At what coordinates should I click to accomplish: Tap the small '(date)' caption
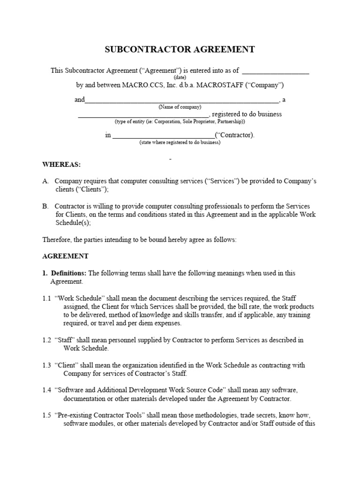(x=180, y=77)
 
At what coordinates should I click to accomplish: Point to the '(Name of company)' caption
(x=180, y=107)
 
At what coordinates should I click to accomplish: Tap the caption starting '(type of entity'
(x=180, y=121)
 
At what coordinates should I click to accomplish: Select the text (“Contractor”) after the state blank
(x=234, y=135)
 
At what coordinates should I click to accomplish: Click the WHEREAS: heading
(x=61, y=165)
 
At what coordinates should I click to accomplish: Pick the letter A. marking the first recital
(x=45, y=181)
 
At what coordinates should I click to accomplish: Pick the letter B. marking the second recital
(x=45, y=206)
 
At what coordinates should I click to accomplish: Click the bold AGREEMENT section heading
(x=65, y=256)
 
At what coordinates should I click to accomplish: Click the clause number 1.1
(x=47, y=298)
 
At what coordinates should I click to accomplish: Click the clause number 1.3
(x=47, y=365)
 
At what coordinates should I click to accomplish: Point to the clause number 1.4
(x=47, y=390)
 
